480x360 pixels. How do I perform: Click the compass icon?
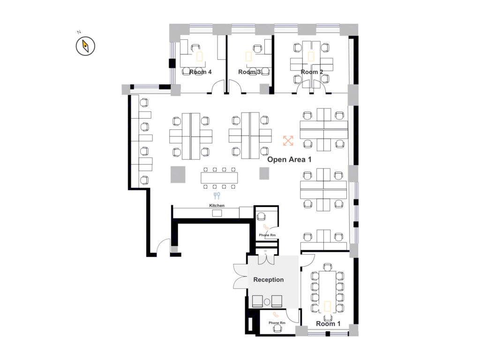click(x=85, y=46)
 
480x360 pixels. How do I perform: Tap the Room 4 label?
click(x=200, y=72)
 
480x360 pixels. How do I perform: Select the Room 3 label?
click(x=249, y=72)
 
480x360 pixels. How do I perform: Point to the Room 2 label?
click(x=312, y=72)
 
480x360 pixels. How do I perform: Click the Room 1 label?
click(x=328, y=323)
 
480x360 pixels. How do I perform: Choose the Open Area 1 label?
click(x=289, y=159)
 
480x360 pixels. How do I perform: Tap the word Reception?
click(x=269, y=279)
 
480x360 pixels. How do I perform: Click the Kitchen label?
click(x=217, y=205)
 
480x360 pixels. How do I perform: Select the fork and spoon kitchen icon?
click(x=217, y=195)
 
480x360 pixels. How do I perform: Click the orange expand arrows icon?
click(x=288, y=141)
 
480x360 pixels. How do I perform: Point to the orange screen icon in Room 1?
click(x=328, y=306)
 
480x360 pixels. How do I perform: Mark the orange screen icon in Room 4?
click(x=200, y=56)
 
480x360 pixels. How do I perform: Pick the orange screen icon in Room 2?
click(x=311, y=56)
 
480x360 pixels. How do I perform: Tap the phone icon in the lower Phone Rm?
click(x=276, y=315)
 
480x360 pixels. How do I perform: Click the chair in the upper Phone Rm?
click(x=261, y=217)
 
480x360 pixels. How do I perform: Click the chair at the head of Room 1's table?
click(x=328, y=267)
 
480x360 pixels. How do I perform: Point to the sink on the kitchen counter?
click(x=217, y=213)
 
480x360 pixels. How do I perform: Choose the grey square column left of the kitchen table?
click(x=178, y=174)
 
